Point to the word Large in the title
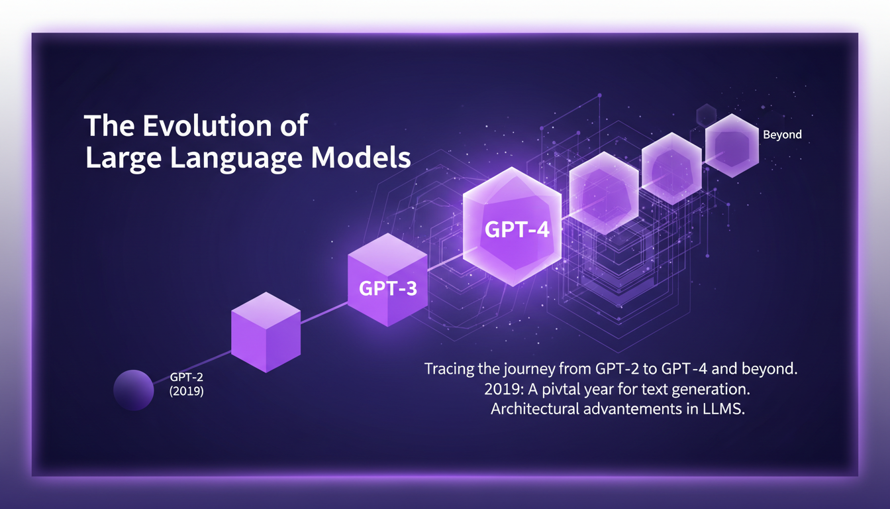(117, 159)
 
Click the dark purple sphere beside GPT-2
(133, 389)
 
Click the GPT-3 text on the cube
(388, 289)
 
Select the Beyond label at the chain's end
(782, 135)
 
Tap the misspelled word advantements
(640, 409)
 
